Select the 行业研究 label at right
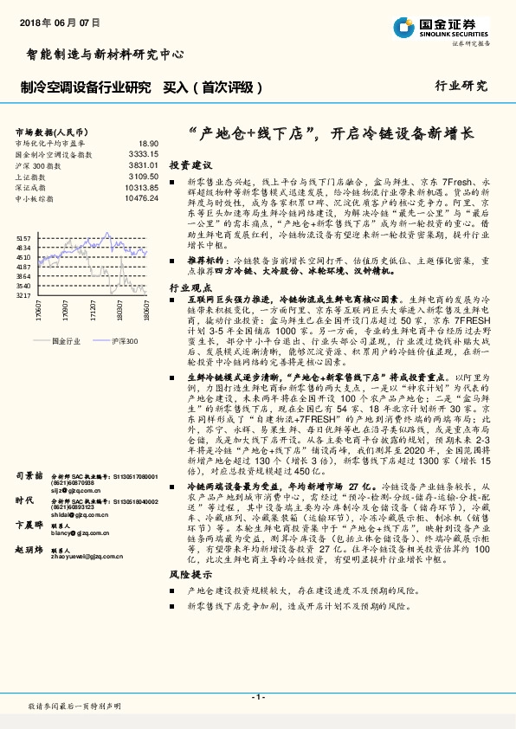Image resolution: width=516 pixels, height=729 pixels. [461, 87]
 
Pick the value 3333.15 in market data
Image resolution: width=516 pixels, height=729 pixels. [142, 153]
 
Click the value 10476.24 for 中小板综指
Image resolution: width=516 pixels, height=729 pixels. [140, 198]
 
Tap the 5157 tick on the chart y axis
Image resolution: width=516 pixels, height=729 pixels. [23, 237]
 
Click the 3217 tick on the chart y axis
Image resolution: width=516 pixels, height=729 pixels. [23, 295]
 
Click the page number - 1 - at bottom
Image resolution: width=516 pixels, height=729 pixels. [257, 696]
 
